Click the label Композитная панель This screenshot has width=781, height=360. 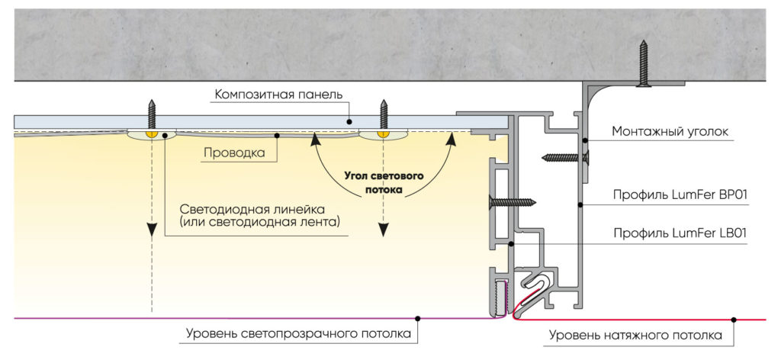278,95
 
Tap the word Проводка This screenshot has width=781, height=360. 234,153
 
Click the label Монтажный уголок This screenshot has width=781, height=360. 670,132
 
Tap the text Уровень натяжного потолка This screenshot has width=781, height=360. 635,334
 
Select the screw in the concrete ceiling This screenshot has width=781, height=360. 644,64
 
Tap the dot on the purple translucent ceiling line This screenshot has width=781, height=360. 417,317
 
